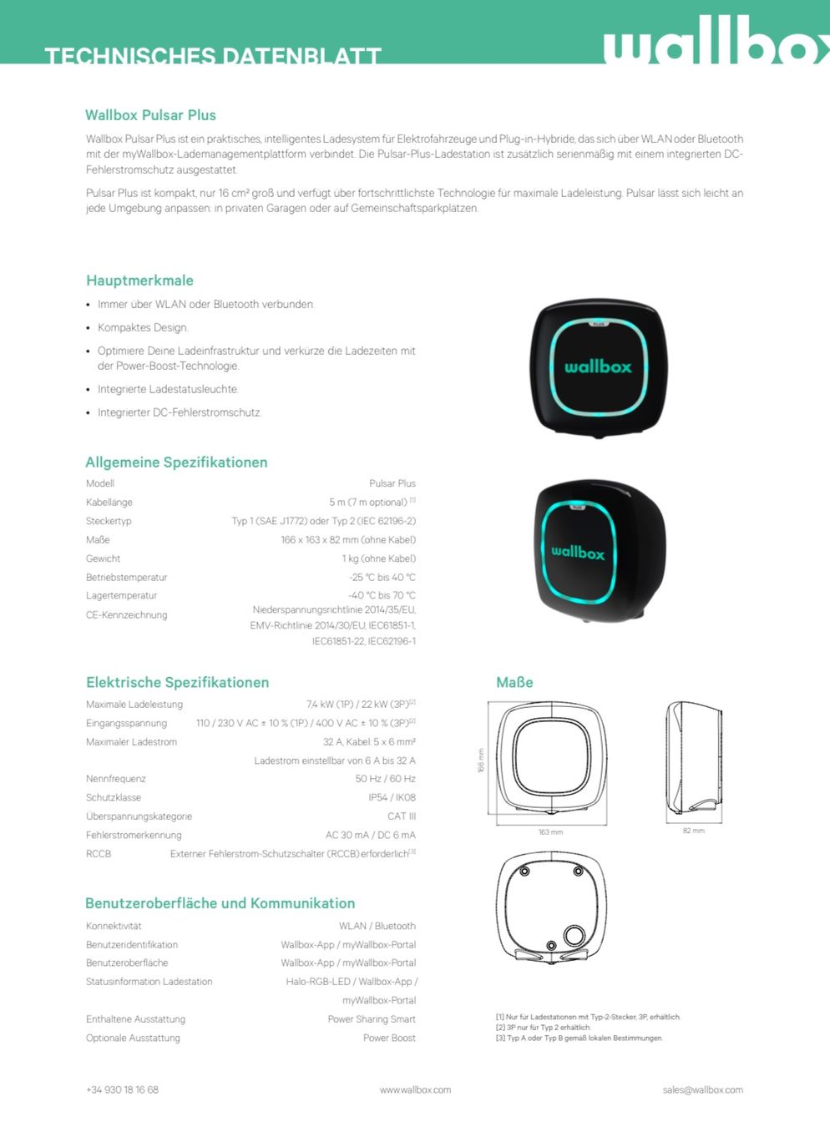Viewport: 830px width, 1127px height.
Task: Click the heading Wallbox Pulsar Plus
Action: coord(150,115)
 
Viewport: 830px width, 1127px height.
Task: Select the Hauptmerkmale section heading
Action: coord(139,280)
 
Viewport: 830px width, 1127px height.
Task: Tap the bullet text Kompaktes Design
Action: coord(143,327)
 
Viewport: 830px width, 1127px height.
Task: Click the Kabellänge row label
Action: coord(109,503)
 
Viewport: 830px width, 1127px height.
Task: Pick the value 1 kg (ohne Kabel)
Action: coord(378,558)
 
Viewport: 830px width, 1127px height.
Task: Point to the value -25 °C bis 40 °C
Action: coord(382,577)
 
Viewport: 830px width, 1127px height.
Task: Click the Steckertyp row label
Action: coord(109,521)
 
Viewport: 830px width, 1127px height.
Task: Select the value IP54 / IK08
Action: coord(392,797)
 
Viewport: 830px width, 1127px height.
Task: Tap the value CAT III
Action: coord(401,816)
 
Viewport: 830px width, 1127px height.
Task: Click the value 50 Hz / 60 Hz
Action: coord(385,779)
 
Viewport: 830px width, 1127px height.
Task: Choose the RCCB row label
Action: coord(99,854)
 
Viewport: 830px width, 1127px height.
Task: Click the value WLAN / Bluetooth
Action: coord(377,926)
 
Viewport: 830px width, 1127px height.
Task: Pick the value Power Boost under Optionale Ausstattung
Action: coord(389,1038)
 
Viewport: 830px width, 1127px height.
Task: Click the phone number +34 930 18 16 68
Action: coord(122,1089)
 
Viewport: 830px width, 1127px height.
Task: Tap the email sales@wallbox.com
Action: coord(702,1089)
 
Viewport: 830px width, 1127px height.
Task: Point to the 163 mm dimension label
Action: coord(550,832)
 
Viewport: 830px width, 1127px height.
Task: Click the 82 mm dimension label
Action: coord(693,831)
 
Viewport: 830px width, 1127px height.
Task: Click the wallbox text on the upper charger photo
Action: coord(598,366)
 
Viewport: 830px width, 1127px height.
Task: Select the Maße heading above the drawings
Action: coord(514,682)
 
